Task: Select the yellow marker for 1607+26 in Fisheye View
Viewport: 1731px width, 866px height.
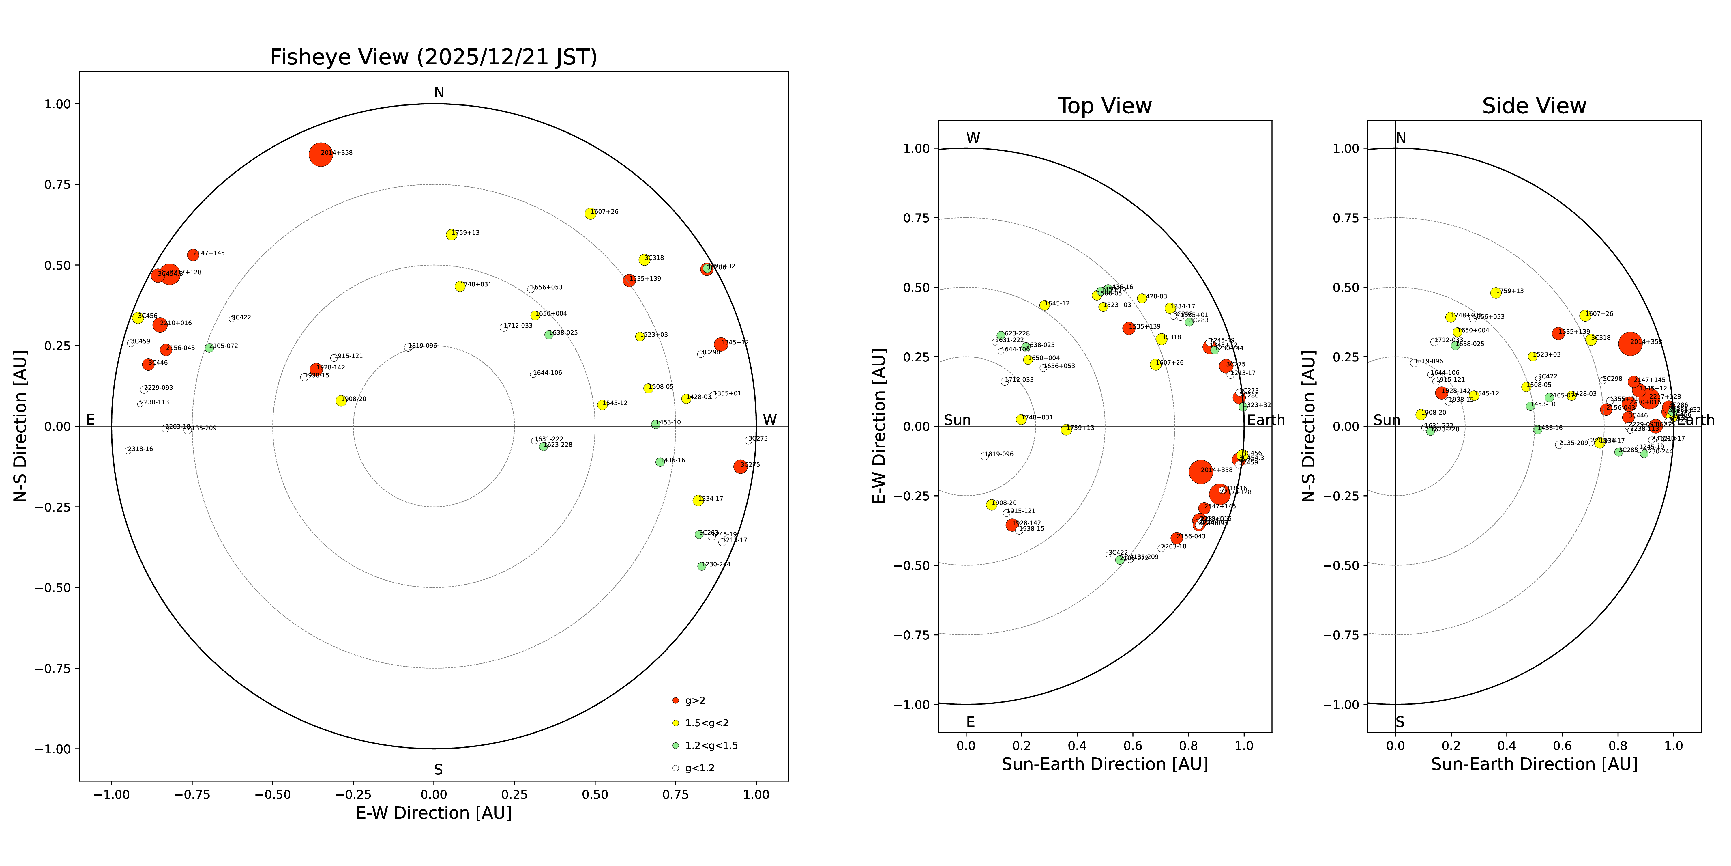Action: [590, 213]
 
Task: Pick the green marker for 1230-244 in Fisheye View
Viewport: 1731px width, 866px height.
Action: [702, 566]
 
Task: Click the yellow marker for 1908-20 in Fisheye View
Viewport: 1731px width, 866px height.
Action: [341, 401]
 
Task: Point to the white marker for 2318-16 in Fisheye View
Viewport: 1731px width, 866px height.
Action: [128, 451]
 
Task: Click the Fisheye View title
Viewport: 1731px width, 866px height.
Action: [433, 57]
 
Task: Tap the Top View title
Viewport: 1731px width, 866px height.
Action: [1104, 106]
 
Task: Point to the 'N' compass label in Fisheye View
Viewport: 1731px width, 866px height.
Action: [439, 93]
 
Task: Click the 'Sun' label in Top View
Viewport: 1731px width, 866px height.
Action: [957, 420]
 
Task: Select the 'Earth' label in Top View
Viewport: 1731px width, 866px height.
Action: [1265, 420]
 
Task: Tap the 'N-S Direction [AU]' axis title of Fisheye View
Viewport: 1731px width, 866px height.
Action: [20, 425]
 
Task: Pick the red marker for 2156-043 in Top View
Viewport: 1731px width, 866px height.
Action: [1176, 538]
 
